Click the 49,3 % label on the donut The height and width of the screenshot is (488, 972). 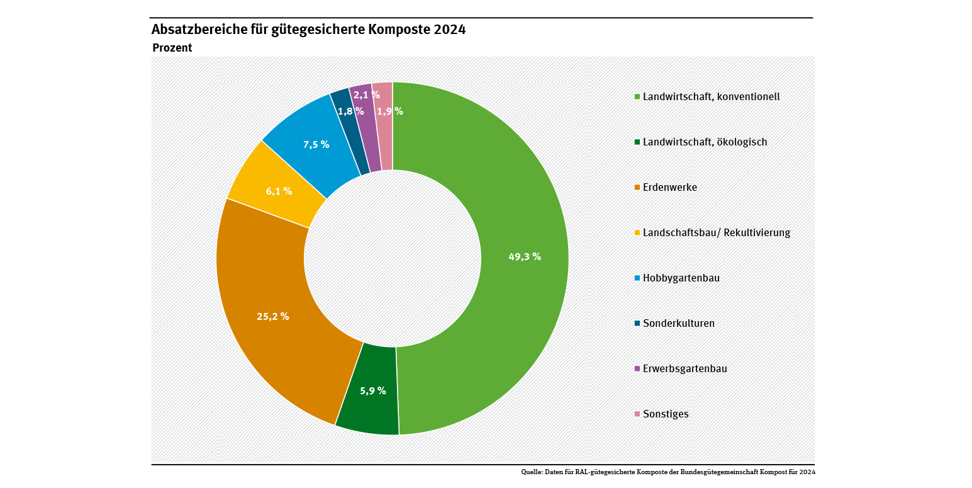click(x=525, y=256)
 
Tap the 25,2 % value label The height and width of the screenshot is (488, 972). click(x=273, y=316)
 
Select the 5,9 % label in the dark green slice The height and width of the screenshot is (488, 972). click(x=373, y=390)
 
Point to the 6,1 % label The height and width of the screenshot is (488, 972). click(x=279, y=191)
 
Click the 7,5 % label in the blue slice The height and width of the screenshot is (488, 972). click(x=316, y=144)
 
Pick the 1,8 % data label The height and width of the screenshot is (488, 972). click(x=351, y=111)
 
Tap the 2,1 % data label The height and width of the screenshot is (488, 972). click(x=366, y=95)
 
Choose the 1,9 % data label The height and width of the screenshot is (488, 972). click(x=390, y=111)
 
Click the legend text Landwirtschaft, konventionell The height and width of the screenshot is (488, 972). click(x=711, y=97)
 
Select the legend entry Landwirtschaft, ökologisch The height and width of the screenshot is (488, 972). click(x=705, y=142)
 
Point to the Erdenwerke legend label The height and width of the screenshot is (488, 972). click(x=669, y=188)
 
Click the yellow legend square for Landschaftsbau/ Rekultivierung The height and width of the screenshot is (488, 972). click(x=637, y=233)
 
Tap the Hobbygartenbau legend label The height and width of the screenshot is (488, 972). click(x=681, y=278)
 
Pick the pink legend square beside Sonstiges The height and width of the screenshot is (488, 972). click(x=637, y=414)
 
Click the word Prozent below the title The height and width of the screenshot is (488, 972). click(x=172, y=48)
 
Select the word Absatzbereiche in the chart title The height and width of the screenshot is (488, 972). click(x=193, y=30)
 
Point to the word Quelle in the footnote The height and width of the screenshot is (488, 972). click(x=532, y=472)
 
